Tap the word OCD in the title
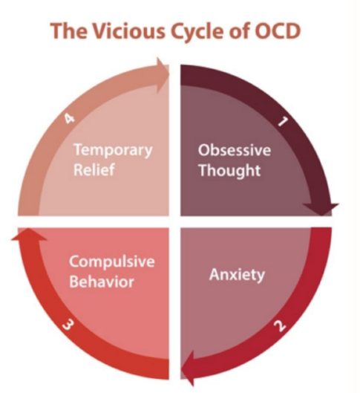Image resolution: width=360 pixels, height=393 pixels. point(277,31)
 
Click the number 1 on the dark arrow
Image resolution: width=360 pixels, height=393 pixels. point(283,121)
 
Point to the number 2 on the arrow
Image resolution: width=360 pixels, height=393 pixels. point(280,326)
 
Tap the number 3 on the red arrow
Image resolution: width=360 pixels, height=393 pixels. point(68,325)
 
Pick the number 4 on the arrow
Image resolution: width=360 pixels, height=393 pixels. point(69,118)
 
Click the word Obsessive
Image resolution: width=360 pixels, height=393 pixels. point(235,150)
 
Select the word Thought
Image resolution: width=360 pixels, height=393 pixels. point(229,171)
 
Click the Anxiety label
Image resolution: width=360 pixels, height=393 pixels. point(237,275)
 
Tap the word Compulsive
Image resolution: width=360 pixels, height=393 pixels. point(112,262)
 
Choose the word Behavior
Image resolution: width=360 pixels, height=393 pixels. point(102,282)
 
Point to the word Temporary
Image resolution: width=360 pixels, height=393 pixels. point(113,151)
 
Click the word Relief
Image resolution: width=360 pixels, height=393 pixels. point(94,169)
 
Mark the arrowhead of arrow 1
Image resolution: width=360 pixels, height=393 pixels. point(321,209)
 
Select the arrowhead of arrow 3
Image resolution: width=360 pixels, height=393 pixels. point(29,234)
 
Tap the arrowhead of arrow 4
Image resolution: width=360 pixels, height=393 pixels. point(163,75)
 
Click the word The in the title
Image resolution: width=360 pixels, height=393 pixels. point(69,31)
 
